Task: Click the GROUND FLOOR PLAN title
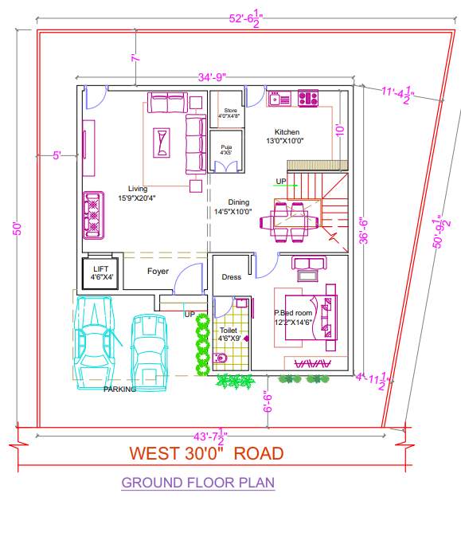tap(198, 483)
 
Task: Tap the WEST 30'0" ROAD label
tap(206, 454)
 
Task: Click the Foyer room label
tap(158, 272)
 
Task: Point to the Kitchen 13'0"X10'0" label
tap(287, 136)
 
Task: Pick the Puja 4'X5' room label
tap(227, 149)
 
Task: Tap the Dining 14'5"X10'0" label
tap(237, 207)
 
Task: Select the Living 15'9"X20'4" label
tap(136, 193)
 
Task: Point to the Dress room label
tap(232, 278)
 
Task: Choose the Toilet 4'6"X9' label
tap(228, 334)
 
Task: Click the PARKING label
tap(119, 389)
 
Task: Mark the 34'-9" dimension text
tap(213, 77)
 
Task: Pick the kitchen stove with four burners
tap(307, 99)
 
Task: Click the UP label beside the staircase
tap(280, 182)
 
